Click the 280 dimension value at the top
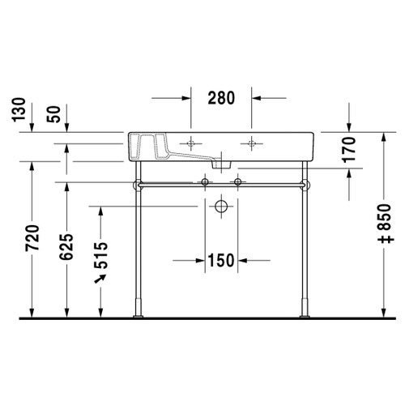coord(220,98)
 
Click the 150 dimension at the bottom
coord(220,260)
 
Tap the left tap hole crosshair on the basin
coord(191,143)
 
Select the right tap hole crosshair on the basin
coord(253,143)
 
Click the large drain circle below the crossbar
coord(220,207)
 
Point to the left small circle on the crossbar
coord(206,183)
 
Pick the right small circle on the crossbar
coord(237,183)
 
